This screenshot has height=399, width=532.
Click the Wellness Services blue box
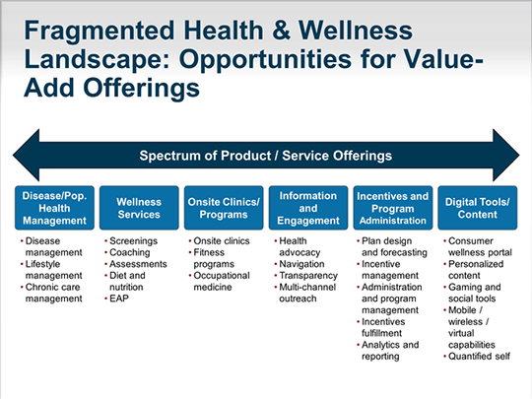pyautogui.click(x=139, y=208)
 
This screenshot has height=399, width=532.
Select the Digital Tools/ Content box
pyautogui.click(x=478, y=208)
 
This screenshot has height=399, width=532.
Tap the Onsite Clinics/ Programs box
pyautogui.click(x=224, y=208)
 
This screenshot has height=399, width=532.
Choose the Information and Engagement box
pyautogui.click(x=308, y=208)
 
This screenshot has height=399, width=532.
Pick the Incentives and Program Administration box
pyautogui.click(x=393, y=208)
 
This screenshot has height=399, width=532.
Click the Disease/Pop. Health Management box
pyautogui.click(x=54, y=208)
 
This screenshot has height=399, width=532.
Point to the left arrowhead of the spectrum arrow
pyautogui.click(x=14, y=155)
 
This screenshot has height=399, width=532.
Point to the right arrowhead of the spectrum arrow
pyautogui.click(x=518, y=155)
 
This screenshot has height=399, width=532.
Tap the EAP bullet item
pyautogui.click(x=119, y=299)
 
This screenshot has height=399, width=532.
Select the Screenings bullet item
pyautogui.click(x=133, y=241)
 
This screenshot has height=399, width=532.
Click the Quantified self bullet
pyautogui.click(x=479, y=357)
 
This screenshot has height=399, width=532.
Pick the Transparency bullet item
pyautogui.click(x=308, y=276)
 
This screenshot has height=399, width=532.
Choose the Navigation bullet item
pyautogui.click(x=301, y=264)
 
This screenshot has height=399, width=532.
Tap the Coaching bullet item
pyautogui.click(x=130, y=252)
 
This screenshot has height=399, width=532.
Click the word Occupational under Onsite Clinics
pyautogui.click(x=222, y=276)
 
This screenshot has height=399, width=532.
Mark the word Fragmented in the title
pyautogui.click(x=100, y=31)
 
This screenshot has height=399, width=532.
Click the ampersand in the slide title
pyautogui.click(x=281, y=31)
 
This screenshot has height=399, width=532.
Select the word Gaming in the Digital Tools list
pyautogui.click(x=462, y=287)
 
